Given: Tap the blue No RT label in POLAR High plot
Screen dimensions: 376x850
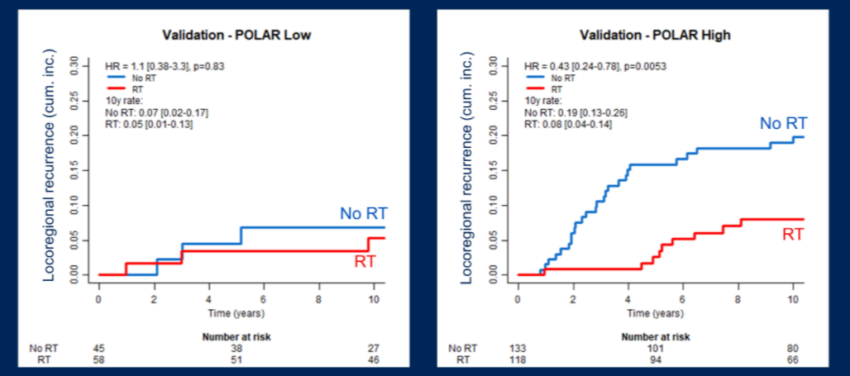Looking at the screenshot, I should point(783,124).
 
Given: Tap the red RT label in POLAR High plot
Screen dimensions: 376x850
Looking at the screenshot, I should point(794,235).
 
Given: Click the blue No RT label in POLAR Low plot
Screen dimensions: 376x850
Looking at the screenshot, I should point(362,214).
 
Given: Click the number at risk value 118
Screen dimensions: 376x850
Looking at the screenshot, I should point(518,359).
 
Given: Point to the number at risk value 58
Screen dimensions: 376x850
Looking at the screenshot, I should point(99,359).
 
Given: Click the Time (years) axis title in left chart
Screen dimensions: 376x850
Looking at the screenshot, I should point(237,314).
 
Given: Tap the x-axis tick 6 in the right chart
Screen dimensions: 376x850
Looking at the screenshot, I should point(683,299).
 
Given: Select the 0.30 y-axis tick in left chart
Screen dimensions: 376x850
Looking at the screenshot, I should point(74,64).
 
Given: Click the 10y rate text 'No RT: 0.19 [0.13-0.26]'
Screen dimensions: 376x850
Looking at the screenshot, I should point(571,112).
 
